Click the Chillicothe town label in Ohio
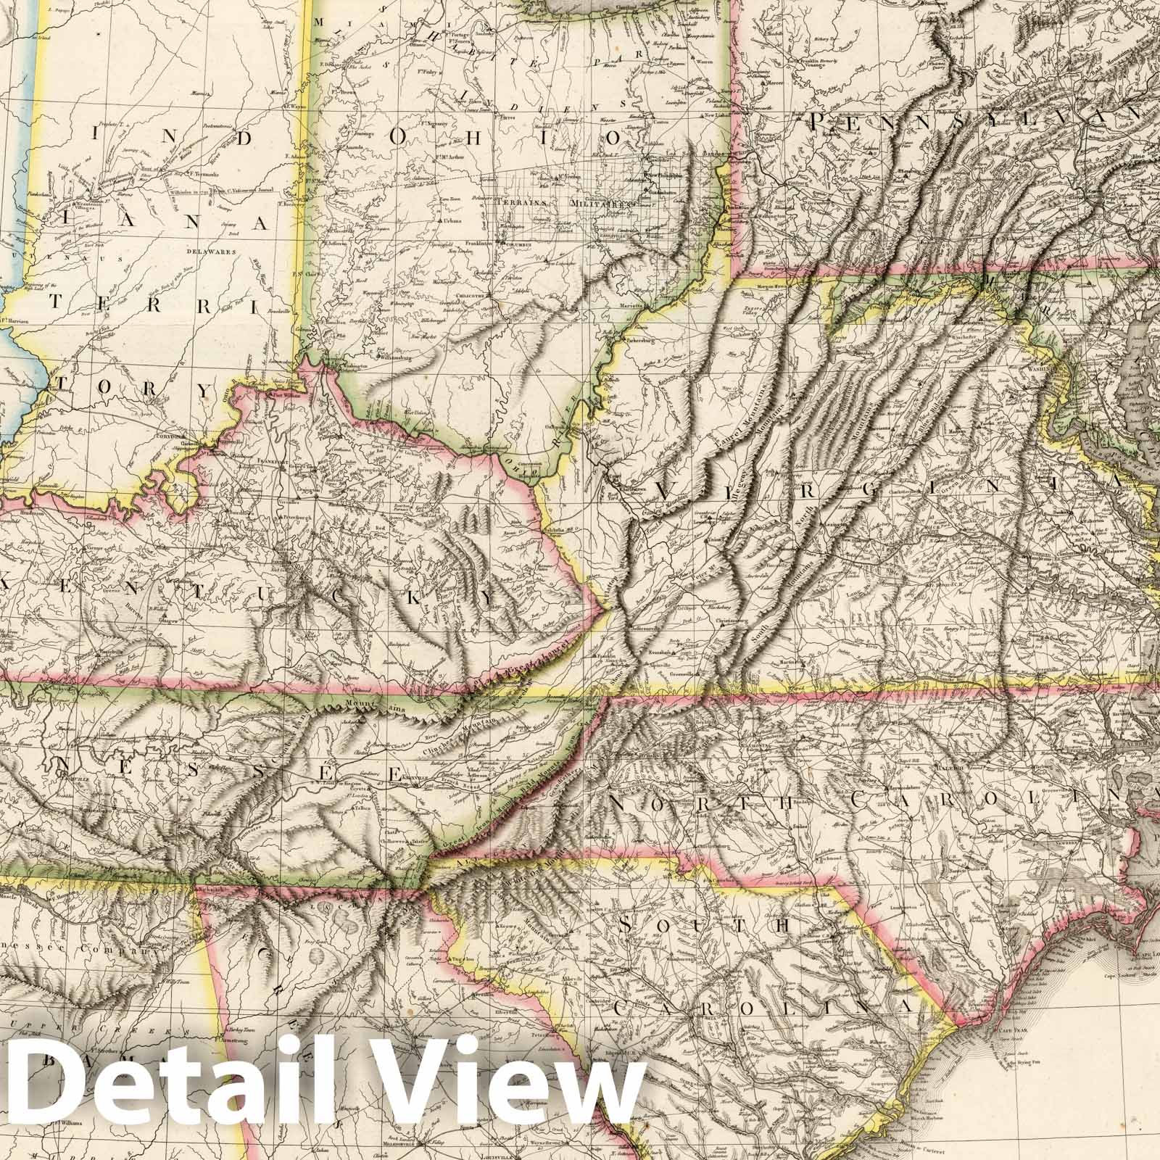tap(471, 296)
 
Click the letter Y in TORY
tap(204, 390)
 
